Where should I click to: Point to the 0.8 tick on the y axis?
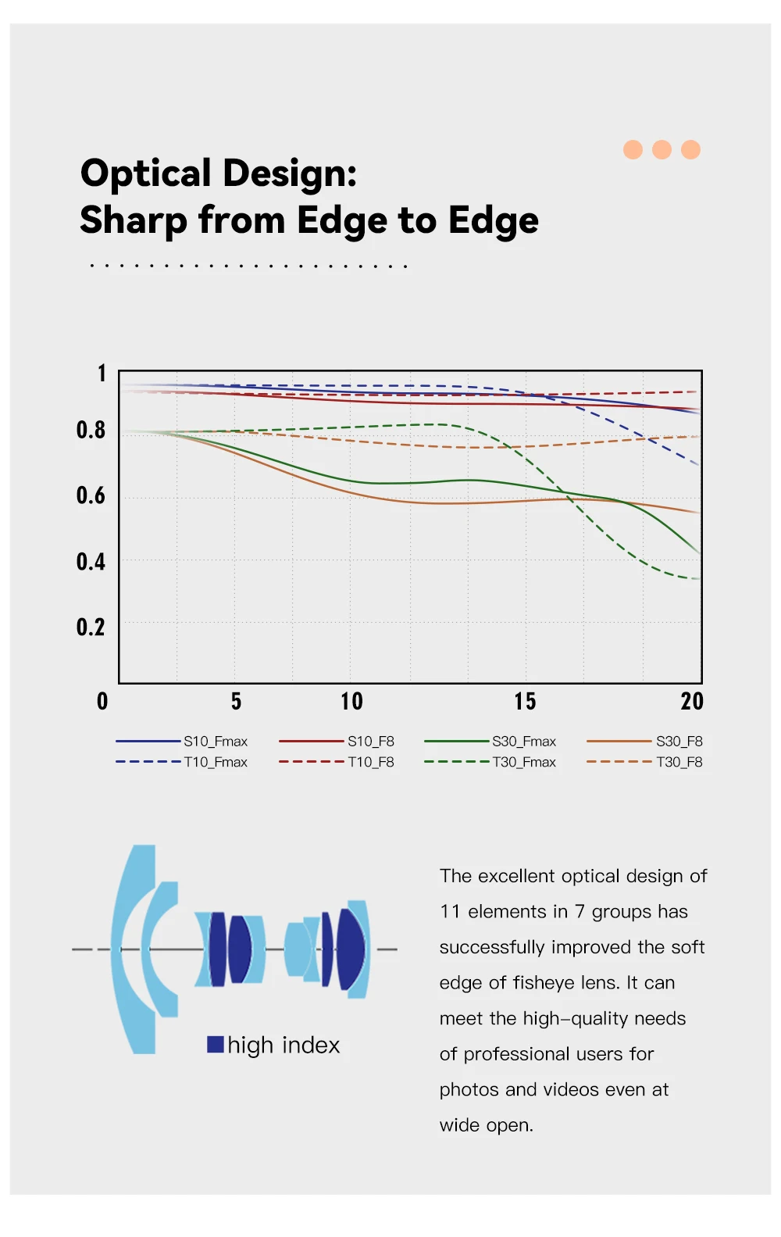[91, 430]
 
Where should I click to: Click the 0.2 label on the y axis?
[91, 627]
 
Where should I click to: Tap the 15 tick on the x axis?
[525, 701]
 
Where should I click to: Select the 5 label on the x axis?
[236, 701]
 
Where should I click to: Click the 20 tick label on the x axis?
[692, 701]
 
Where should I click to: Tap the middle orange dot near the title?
[662, 149]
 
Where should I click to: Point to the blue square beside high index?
[216, 1044]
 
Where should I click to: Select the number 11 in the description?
[450, 912]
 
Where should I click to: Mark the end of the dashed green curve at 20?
[698, 578]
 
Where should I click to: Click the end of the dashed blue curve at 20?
[698, 465]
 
